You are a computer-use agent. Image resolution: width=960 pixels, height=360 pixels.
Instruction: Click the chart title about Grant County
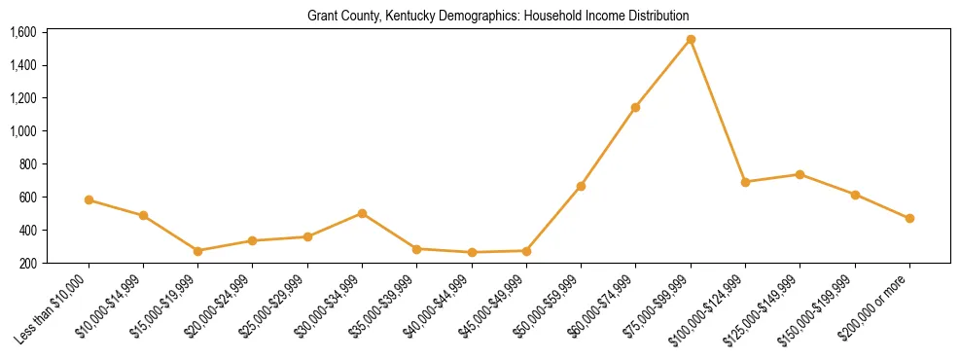[x=498, y=17]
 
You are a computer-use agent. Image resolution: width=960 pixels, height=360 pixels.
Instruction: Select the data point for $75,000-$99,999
[x=691, y=40]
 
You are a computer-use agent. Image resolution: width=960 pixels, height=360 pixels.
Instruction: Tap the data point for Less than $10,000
[x=89, y=200]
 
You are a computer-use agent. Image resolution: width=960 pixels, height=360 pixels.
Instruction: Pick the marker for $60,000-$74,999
[x=636, y=107]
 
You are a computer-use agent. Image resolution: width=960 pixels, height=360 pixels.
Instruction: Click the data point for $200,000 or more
[x=909, y=219]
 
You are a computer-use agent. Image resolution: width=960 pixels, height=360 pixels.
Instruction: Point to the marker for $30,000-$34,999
[x=362, y=213]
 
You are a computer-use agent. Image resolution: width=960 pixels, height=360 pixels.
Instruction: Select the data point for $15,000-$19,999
[x=197, y=251]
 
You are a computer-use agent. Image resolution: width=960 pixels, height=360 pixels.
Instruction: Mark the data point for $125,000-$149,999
[x=800, y=175]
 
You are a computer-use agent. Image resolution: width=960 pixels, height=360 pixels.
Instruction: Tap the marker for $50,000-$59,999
[x=581, y=186]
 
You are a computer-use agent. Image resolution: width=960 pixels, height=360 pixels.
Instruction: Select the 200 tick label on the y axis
[x=27, y=263]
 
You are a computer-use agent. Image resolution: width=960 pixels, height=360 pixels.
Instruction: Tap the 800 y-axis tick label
[x=27, y=164]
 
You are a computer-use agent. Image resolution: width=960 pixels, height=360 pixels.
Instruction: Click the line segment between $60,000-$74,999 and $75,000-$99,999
[x=663, y=74]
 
